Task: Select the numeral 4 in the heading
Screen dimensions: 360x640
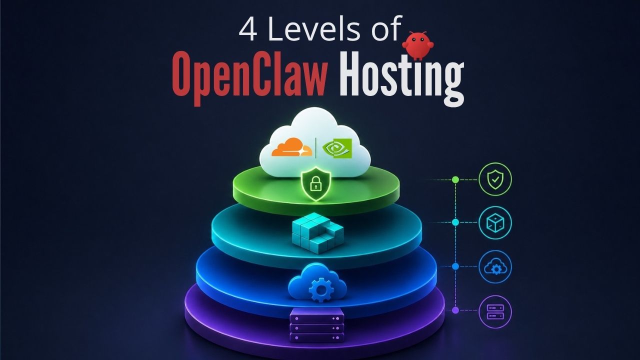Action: [248, 30]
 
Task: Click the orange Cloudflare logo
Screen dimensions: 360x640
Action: [291, 148]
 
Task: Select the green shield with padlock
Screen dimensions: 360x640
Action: [315, 184]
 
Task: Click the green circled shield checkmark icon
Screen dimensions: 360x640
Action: [495, 178]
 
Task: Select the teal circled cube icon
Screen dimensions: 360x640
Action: [495, 221]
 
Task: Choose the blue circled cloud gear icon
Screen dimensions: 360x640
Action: [495, 266]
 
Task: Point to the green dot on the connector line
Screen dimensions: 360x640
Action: [455, 179]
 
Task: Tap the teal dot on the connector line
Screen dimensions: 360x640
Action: [455, 221]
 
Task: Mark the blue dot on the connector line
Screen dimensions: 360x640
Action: [455, 266]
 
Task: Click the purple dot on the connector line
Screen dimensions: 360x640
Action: [455, 310]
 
